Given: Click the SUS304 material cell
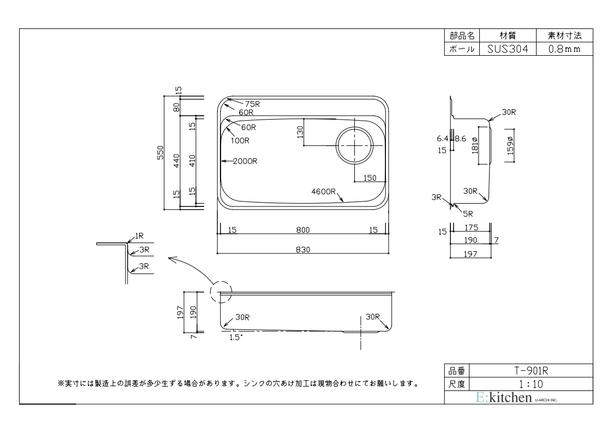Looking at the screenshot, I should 508,49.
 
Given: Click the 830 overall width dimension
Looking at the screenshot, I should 303,249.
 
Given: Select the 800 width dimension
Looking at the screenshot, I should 303,230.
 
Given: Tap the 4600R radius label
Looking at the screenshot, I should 323,192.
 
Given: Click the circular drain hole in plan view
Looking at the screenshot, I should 354,145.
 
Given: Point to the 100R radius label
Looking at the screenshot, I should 240,140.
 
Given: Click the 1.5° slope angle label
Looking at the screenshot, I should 235,337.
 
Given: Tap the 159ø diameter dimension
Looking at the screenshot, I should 510,145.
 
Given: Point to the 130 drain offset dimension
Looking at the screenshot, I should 300,132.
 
